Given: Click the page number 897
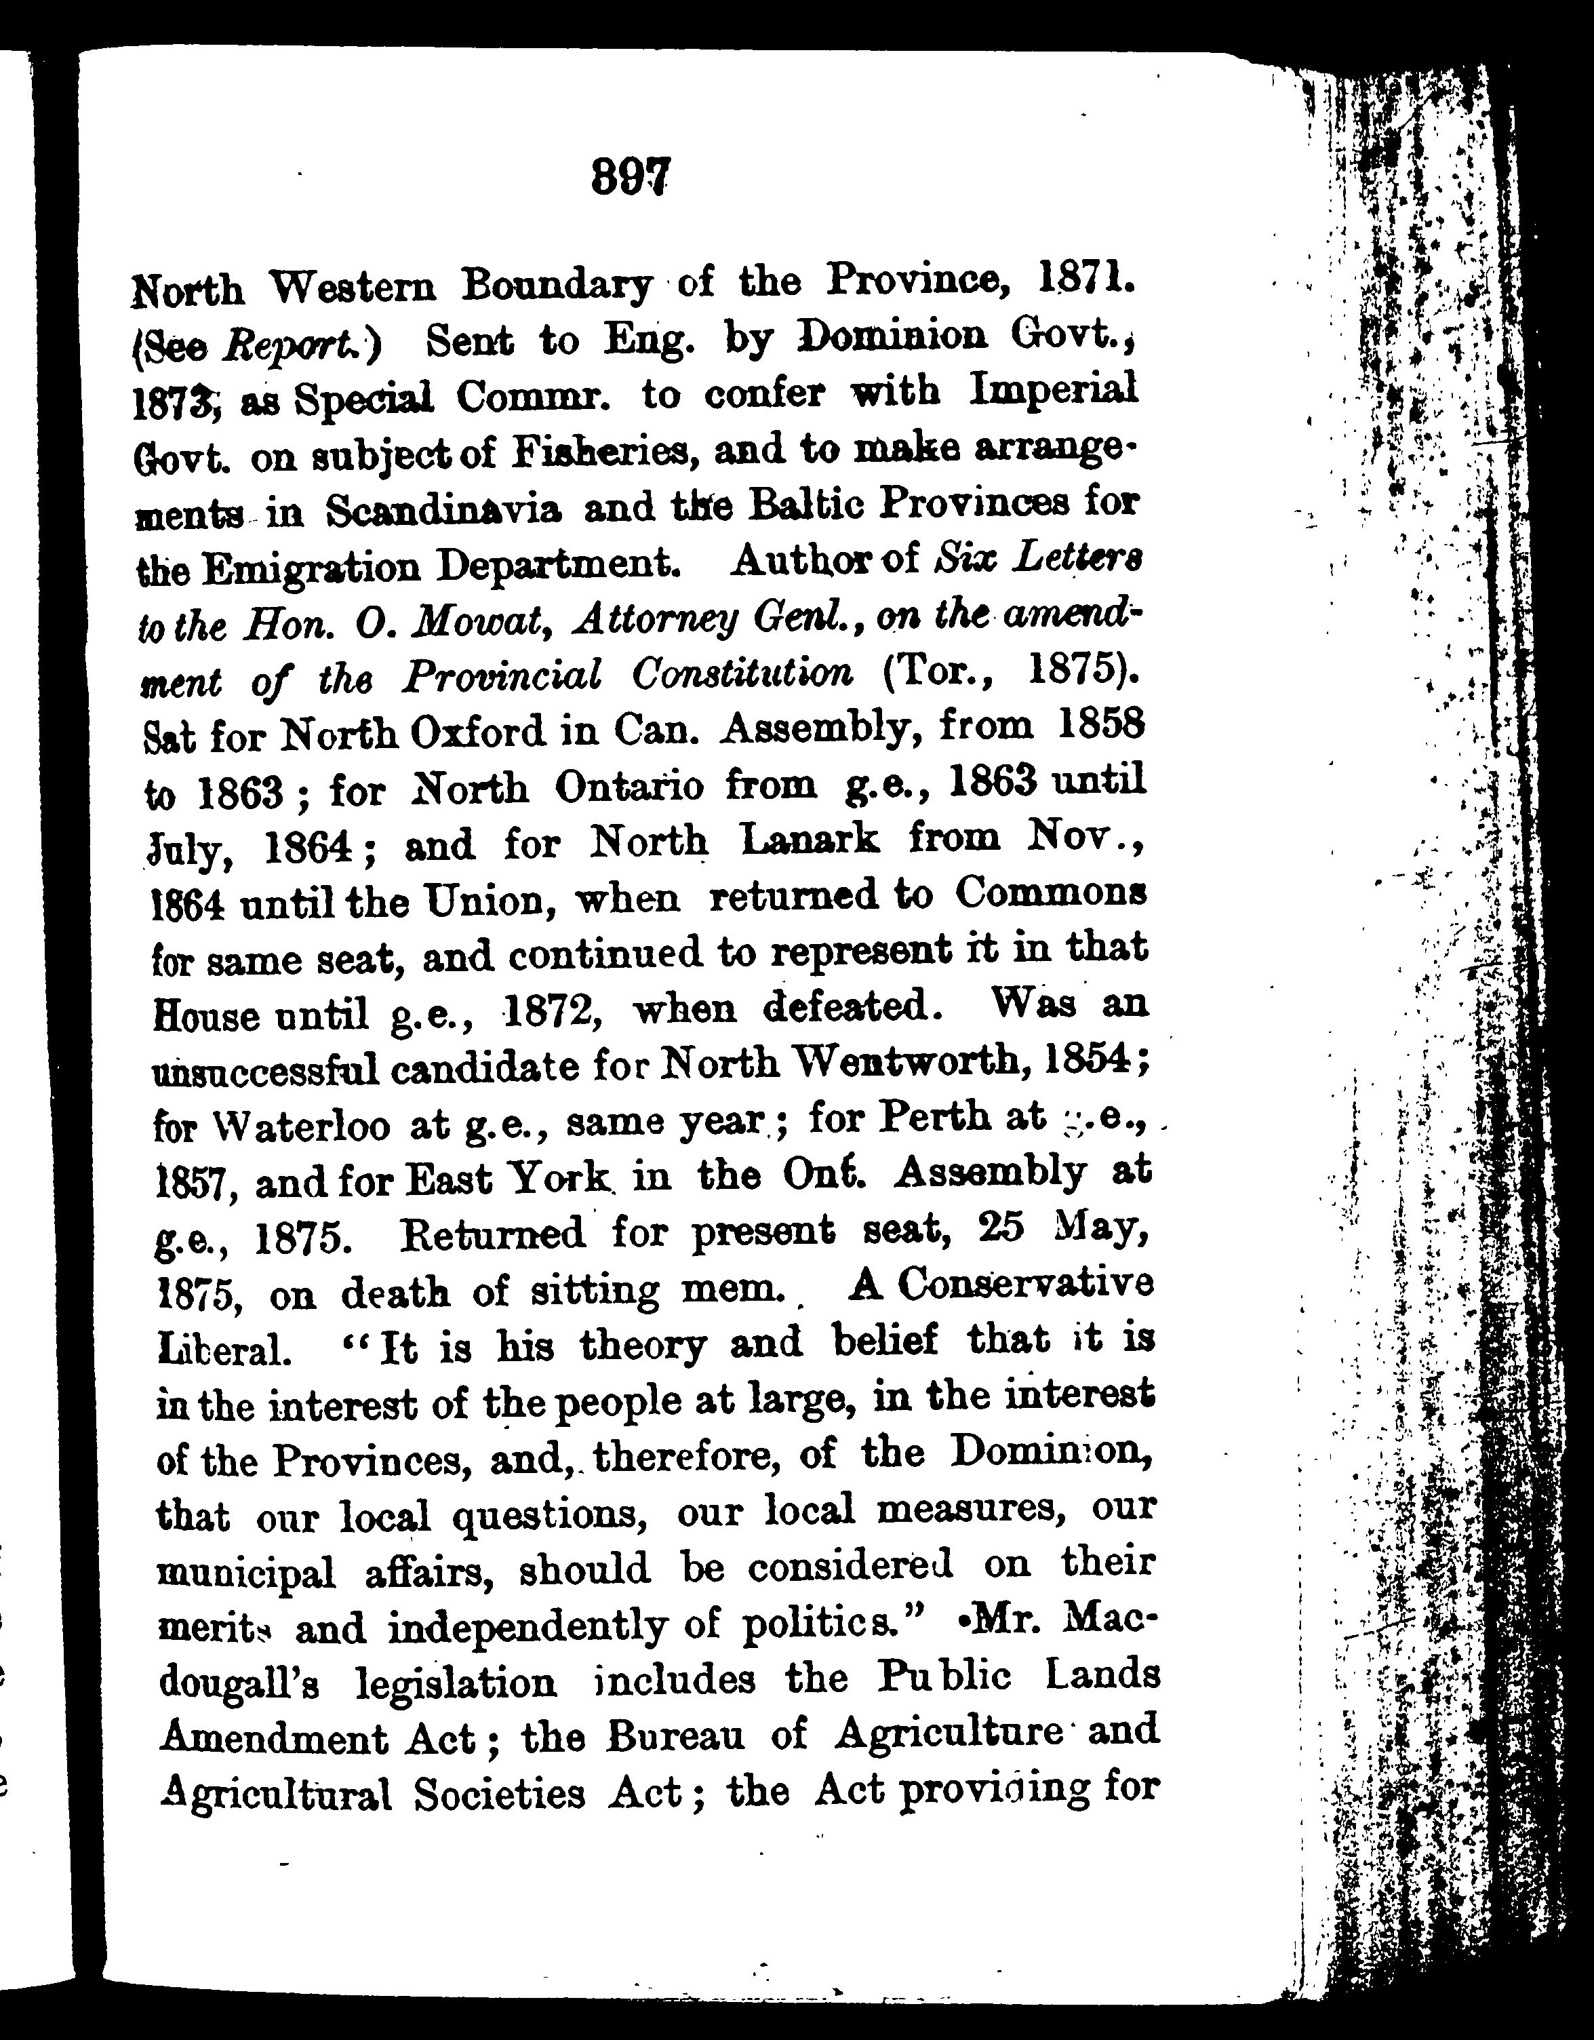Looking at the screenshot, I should click(x=631, y=175).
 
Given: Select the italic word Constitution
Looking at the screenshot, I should click(x=742, y=673).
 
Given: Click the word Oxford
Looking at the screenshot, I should click(x=478, y=733).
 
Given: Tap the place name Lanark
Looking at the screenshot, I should click(x=809, y=840).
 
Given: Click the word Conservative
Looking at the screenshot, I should click(x=1025, y=1284).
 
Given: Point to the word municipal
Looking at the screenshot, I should click(x=245, y=1572).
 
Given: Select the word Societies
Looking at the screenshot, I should click(x=500, y=1793).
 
